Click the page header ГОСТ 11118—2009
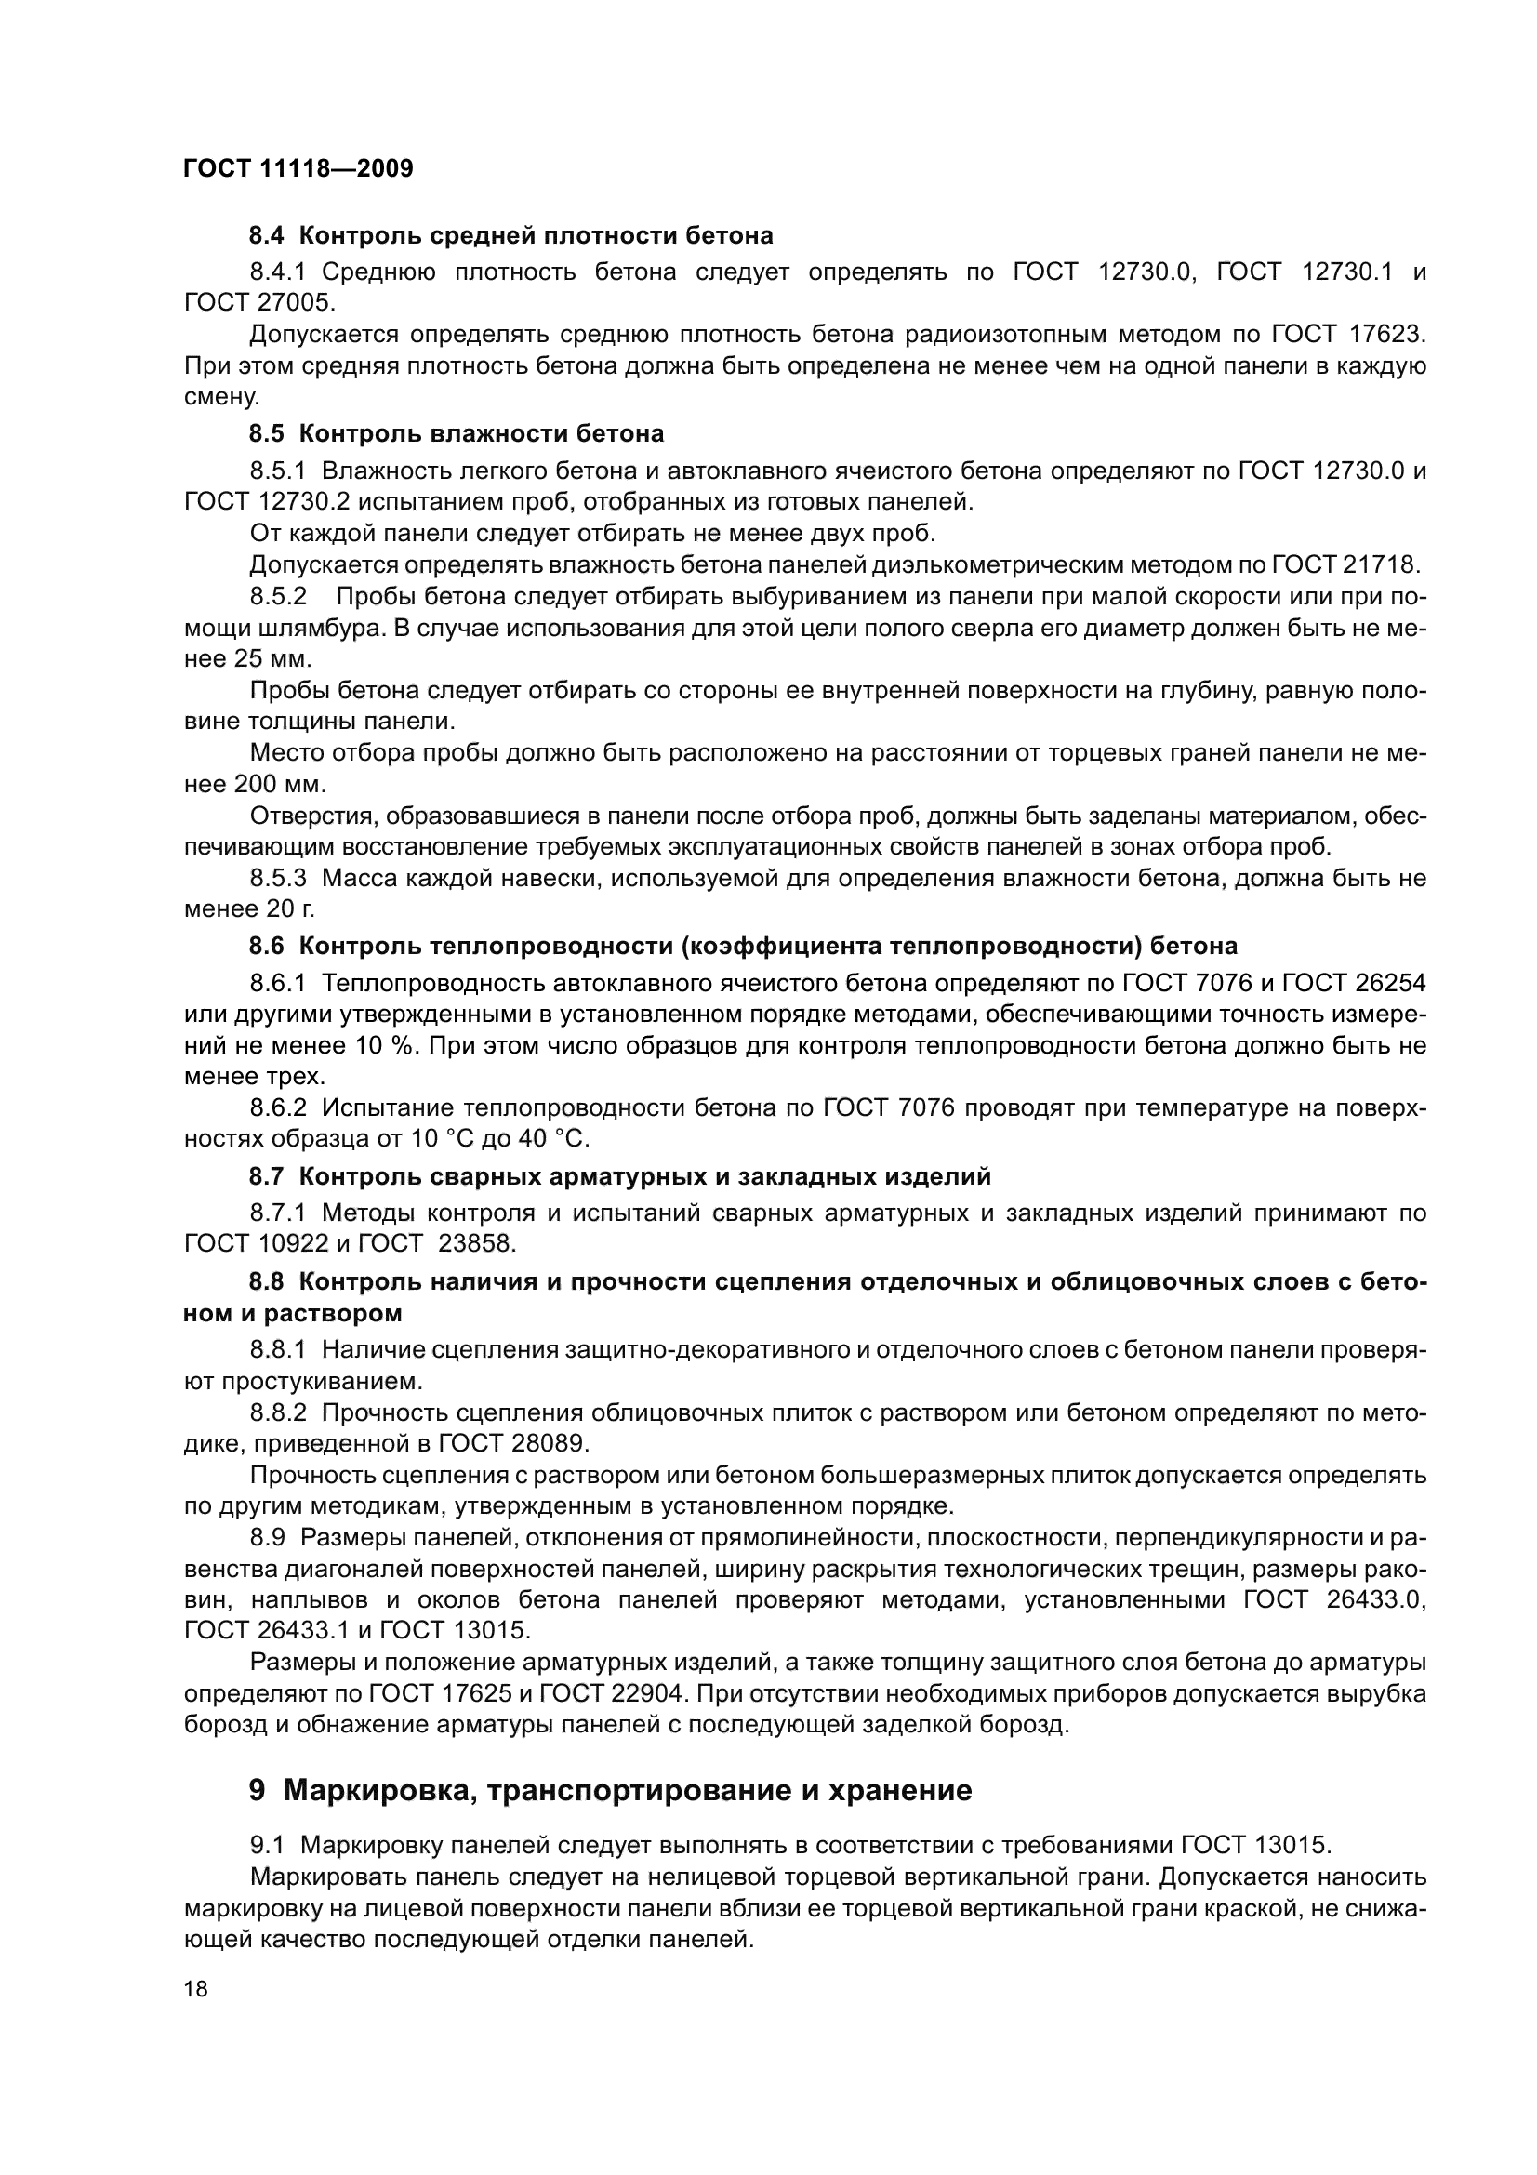coord(298,169)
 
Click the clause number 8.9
coord(268,1535)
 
